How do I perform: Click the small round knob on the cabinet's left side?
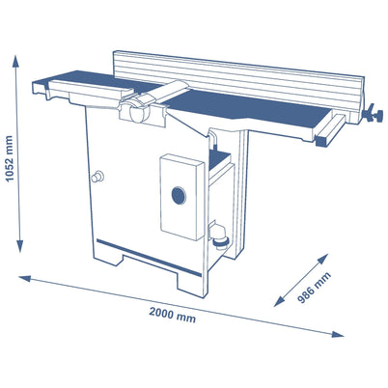point(97,177)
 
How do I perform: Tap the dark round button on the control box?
point(177,196)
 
